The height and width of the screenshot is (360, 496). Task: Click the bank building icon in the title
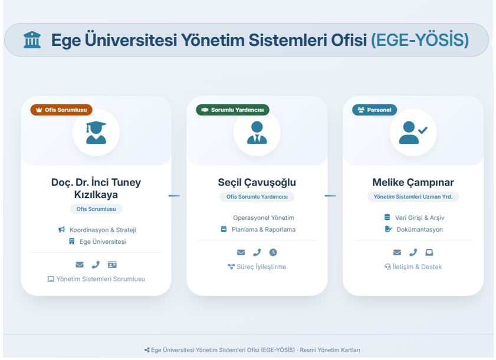(32, 40)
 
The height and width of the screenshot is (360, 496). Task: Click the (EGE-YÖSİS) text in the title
(419, 40)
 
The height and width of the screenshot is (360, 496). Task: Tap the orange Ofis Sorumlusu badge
(61, 110)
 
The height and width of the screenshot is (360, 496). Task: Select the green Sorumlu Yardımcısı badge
(232, 110)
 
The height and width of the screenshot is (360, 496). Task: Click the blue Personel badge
(375, 110)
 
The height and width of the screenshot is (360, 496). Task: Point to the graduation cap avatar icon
(96, 133)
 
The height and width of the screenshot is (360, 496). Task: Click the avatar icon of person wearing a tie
(257, 133)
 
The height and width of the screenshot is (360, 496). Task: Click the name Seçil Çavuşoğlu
(257, 183)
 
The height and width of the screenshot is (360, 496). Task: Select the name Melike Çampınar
(413, 183)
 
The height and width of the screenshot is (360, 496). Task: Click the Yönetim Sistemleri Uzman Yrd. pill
(413, 197)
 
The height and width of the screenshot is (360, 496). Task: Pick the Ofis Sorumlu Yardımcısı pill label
(257, 197)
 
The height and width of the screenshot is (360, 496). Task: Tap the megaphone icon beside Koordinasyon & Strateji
(62, 229)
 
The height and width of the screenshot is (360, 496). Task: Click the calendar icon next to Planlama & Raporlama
(224, 229)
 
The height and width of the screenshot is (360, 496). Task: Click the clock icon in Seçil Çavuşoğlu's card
(273, 252)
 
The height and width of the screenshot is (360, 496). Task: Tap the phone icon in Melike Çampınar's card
(413, 252)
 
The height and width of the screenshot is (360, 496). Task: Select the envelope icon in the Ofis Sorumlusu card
(80, 265)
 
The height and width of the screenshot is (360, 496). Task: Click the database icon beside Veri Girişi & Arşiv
(387, 217)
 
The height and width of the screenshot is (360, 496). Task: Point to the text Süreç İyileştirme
(261, 267)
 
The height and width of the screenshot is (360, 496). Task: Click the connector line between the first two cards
(174, 196)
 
